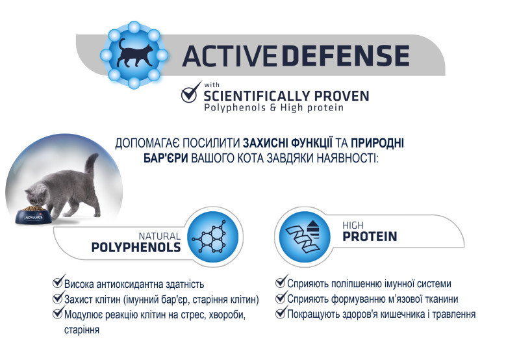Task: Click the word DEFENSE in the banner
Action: (x=346, y=56)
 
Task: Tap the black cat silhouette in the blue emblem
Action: (x=134, y=55)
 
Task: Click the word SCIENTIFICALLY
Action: (x=257, y=96)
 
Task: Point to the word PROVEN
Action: (x=342, y=96)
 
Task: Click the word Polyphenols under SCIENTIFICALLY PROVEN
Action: (x=235, y=108)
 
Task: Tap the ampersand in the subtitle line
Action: (x=273, y=108)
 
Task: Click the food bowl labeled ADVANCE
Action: (x=34, y=216)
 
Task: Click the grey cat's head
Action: (x=37, y=196)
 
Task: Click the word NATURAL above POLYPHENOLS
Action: (x=159, y=236)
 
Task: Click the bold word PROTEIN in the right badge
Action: (x=370, y=237)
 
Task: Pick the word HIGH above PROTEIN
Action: (x=353, y=225)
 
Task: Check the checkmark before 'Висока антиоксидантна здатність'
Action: (x=58, y=281)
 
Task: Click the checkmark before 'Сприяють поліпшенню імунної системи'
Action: (x=282, y=281)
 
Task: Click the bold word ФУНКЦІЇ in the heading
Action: (x=312, y=143)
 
